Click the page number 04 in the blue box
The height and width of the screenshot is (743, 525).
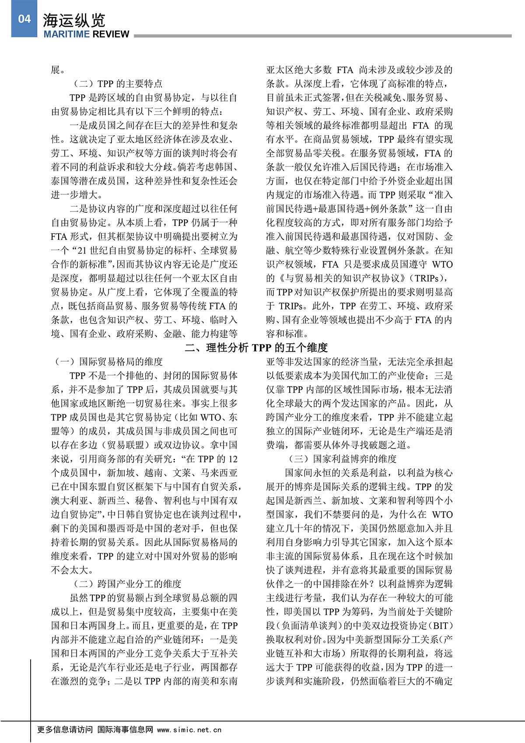tap(24, 19)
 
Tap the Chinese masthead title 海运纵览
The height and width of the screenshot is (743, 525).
tap(74, 20)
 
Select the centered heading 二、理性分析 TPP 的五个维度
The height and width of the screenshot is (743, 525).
tap(256, 348)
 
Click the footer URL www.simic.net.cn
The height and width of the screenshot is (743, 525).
tap(189, 730)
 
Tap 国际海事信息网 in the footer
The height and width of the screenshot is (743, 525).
tap(125, 730)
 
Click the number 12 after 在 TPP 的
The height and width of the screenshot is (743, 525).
tap(233, 459)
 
